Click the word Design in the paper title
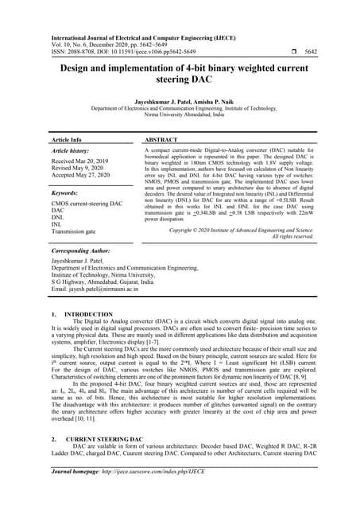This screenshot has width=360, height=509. pos(80,69)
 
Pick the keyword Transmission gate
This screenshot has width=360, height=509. pos(77,232)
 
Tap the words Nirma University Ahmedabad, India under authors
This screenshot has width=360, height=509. pos(180,116)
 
